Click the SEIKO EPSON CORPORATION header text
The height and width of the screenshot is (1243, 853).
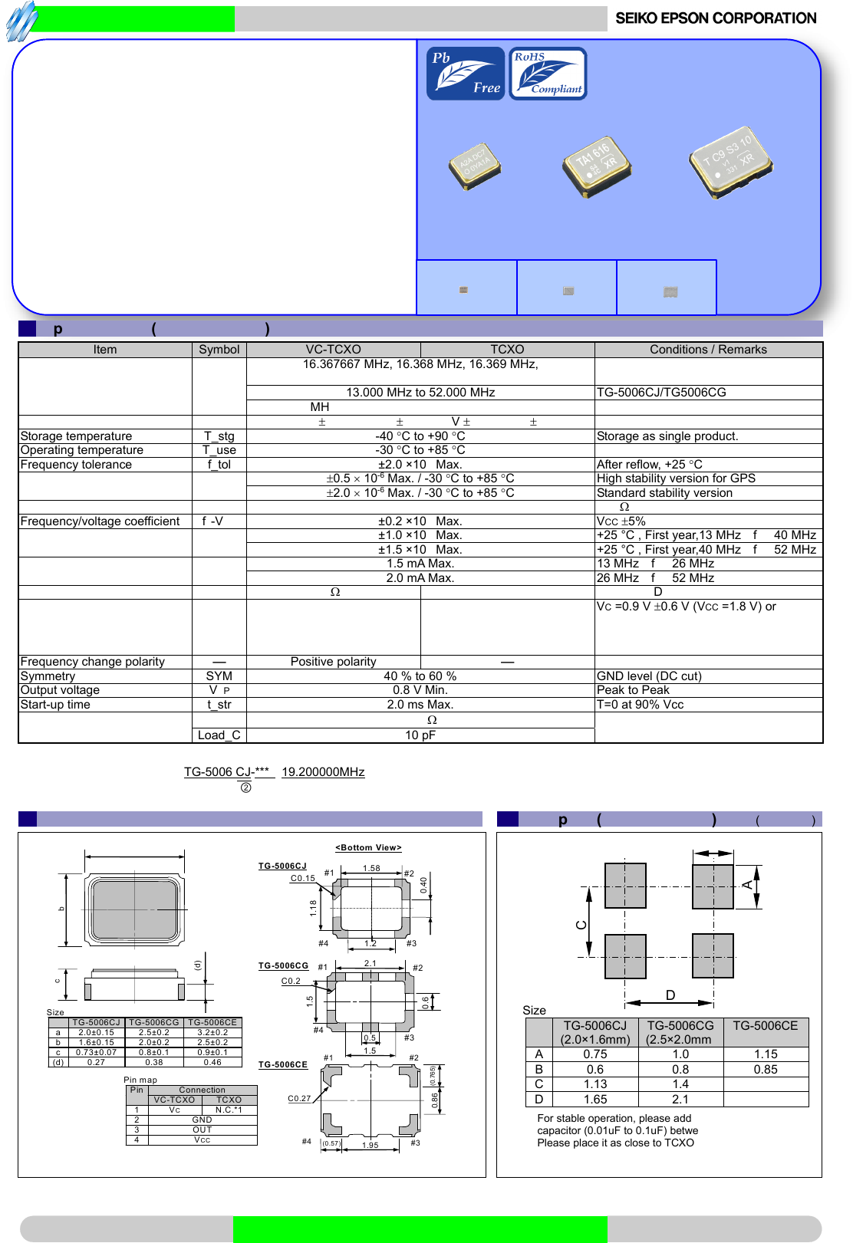tap(716, 18)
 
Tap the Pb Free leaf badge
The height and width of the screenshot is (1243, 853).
tap(466, 74)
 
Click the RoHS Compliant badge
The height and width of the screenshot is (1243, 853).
tap(548, 74)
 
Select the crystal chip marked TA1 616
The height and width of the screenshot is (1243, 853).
tap(596, 166)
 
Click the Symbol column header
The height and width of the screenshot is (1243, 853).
tap(219, 350)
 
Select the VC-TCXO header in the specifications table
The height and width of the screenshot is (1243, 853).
tap(333, 350)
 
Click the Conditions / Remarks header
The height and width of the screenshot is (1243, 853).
tap(708, 350)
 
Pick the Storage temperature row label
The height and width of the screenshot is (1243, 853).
tap(76, 436)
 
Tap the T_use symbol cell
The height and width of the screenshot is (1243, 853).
tap(219, 450)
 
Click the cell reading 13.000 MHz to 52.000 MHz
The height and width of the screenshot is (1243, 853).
tap(420, 393)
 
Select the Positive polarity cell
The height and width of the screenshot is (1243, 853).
tap(333, 662)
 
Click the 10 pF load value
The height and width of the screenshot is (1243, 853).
tap(420, 735)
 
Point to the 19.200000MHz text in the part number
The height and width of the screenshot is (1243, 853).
tap(323, 772)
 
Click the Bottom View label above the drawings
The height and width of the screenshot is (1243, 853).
tap(368, 848)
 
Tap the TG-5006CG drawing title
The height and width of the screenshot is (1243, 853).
tap(283, 966)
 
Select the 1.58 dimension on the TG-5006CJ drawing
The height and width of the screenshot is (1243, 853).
tap(371, 869)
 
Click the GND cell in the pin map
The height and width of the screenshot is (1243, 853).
tap(202, 1120)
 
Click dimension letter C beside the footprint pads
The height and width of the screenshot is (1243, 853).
tap(581, 925)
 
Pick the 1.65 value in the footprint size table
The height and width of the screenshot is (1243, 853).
tap(595, 1100)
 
